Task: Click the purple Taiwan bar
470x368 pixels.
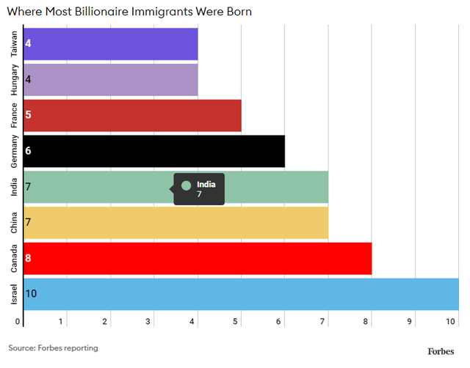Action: [111, 44]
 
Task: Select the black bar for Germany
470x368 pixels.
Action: [154, 151]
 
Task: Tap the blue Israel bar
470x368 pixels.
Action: [241, 294]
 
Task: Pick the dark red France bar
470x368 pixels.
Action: [132, 116]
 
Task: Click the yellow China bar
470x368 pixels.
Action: [176, 223]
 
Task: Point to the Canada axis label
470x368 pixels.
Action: [14, 259]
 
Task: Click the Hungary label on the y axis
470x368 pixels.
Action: [14, 80]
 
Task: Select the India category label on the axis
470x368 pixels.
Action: [14, 187]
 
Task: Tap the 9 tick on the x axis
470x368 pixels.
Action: [409, 321]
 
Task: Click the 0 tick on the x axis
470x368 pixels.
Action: [18, 321]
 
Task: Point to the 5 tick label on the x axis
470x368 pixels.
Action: [235, 321]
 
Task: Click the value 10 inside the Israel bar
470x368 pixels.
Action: [31, 293]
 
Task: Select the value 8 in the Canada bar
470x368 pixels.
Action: [28, 258]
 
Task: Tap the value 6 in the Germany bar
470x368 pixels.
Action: [28, 150]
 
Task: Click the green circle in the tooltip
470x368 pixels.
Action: [186, 185]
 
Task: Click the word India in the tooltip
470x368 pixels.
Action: [206, 184]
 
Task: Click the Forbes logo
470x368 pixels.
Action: [441, 352]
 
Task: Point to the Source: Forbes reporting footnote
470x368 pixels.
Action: [53, 348]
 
